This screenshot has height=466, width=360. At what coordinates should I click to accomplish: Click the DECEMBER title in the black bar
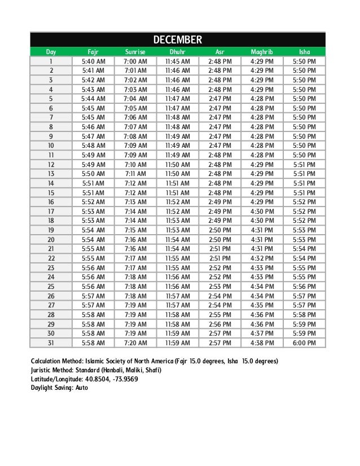(x=178, y=39)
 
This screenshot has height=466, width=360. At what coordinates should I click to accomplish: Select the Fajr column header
(x=93, y=51)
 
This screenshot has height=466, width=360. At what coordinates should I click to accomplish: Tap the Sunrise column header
(x=135, y=51)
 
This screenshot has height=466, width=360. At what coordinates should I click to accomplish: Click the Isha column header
(x=304, y=51)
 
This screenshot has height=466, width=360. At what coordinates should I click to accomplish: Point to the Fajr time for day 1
(x=93, y=61)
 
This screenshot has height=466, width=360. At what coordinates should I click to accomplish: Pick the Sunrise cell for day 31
(x=135, y=342)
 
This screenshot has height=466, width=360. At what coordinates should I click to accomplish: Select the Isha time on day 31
(x=304, y=342)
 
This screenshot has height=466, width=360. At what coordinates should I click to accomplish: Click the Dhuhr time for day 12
(x=177, y=164)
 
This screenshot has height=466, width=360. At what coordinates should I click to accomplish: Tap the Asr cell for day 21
(x=219, y=249)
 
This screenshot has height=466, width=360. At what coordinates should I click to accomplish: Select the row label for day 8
(x=51, y=127)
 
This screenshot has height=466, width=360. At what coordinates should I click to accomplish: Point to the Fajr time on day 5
(x=93, y=99)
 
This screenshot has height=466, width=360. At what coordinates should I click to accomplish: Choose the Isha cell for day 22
(x=304, y=258)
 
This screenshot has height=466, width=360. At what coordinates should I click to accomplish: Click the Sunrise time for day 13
(x=135, y=174)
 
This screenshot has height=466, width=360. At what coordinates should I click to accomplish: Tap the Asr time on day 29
(x=219, y=324)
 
